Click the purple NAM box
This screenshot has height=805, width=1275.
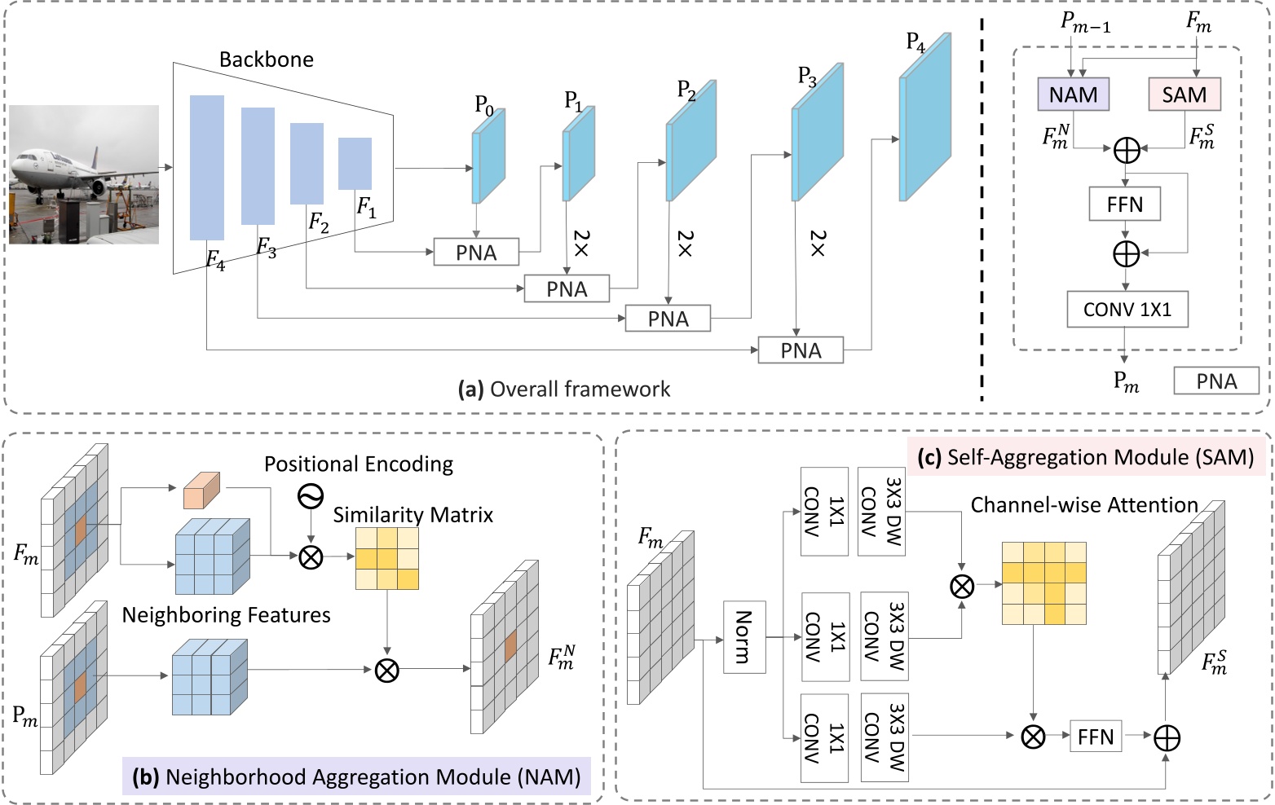pos(1073,95)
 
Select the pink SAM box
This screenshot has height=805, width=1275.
pos(1184,95)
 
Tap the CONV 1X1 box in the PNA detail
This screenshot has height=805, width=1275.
pos(1127,310)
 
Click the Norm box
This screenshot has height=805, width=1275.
pos(744,637)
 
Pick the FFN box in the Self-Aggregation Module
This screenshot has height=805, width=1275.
pos(1095,737)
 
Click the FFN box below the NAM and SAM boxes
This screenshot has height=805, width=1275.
pos(1125,204)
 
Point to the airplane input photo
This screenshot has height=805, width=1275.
pos(84,174)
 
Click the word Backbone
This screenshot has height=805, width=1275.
pos(266,59)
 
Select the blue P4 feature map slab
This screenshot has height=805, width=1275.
pos(925,119)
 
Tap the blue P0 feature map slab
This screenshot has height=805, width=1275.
pos(488,157)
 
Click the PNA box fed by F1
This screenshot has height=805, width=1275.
pos(476,253)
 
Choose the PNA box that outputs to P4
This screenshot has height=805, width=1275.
pos(801,350)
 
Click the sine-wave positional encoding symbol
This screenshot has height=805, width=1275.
pos(311,495)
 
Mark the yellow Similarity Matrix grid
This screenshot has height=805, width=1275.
pos(387,558)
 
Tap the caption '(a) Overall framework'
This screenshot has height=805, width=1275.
pos(563,389)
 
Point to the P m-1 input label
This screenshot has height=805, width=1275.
pos(1085,22)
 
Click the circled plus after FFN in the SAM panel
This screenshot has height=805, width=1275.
pos(1167,737)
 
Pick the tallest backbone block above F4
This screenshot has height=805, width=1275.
pos(207,167)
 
